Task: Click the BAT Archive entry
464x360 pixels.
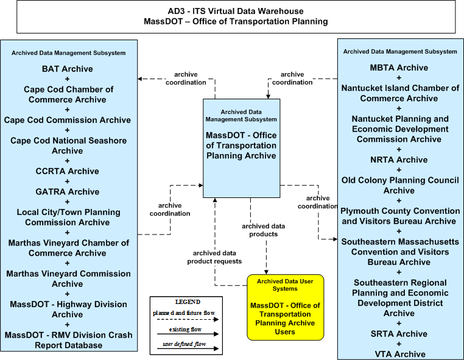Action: coord(68,69)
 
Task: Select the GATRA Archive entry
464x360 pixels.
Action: coord(68,192)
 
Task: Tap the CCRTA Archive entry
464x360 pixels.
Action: coord(68,171)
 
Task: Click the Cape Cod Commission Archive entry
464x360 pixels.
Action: coord(68,120)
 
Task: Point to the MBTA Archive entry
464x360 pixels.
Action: coord(399,68)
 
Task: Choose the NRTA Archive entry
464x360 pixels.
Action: coord(399,160)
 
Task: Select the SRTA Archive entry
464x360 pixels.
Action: coord(399,334)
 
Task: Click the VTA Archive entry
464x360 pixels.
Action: coord(400,355)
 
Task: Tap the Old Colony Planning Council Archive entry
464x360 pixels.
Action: coord(400,185)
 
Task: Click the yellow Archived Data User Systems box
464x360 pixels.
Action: coord(285,307)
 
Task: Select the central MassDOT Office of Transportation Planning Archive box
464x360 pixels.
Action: coord(242,148)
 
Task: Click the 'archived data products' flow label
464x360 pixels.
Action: coord(264,230)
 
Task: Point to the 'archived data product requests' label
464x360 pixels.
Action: coord(214,257)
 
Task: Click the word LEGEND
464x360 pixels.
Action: coord(188,302)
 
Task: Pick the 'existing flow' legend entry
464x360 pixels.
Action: coord(185,330)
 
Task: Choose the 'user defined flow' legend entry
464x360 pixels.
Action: coord(185,344)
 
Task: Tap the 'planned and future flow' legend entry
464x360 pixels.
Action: coord(184,313)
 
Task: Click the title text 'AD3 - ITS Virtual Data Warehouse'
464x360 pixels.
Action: coord(236,11)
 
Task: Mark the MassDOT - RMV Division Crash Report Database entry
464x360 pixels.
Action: coord(68,340)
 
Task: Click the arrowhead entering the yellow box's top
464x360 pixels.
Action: coord(266,272)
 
